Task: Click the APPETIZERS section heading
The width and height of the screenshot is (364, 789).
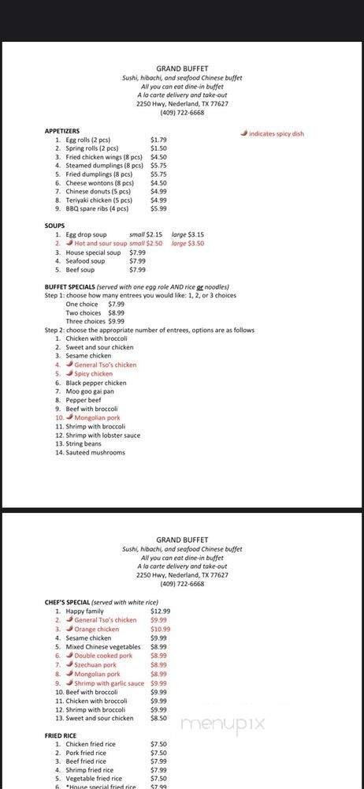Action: pyautogui.click(x=62, y=131)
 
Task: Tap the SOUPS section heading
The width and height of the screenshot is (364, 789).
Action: pyautogui.click(x=54, y=226)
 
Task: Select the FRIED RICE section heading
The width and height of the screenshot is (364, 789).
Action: pyautogui.click(x=64, y=735)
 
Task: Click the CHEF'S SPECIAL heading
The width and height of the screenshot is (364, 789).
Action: pyautogui.click(x=68, y=602)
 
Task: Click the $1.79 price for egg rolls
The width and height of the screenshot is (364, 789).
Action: pyautogui.click(x=158, y=140)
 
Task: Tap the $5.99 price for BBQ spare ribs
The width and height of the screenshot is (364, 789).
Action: pyautogui.click(x=158, y=208)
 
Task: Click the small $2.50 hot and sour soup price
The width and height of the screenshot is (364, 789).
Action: pyautogui.click(x=149, y=243)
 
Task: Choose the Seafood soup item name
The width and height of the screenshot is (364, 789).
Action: pyautogui.click(x=85, y=260)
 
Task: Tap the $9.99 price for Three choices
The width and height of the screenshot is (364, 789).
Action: pyautogui.click(x=116, y=321)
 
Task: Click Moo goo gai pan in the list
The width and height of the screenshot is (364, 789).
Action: pyautogui.click(x=90, y=391)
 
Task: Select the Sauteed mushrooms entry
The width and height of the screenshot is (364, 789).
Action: pyautogui.click(x=95, y=452)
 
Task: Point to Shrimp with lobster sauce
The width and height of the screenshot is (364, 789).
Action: pyautogui.click(x=102, y=435)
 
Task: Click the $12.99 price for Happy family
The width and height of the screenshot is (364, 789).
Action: pyautogui.click(x=160, y=611)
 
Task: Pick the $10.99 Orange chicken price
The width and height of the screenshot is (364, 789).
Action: pyautogui.click(x=160, y=629)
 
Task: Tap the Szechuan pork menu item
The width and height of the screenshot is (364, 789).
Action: pyautogui.click(x=95, y=664)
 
